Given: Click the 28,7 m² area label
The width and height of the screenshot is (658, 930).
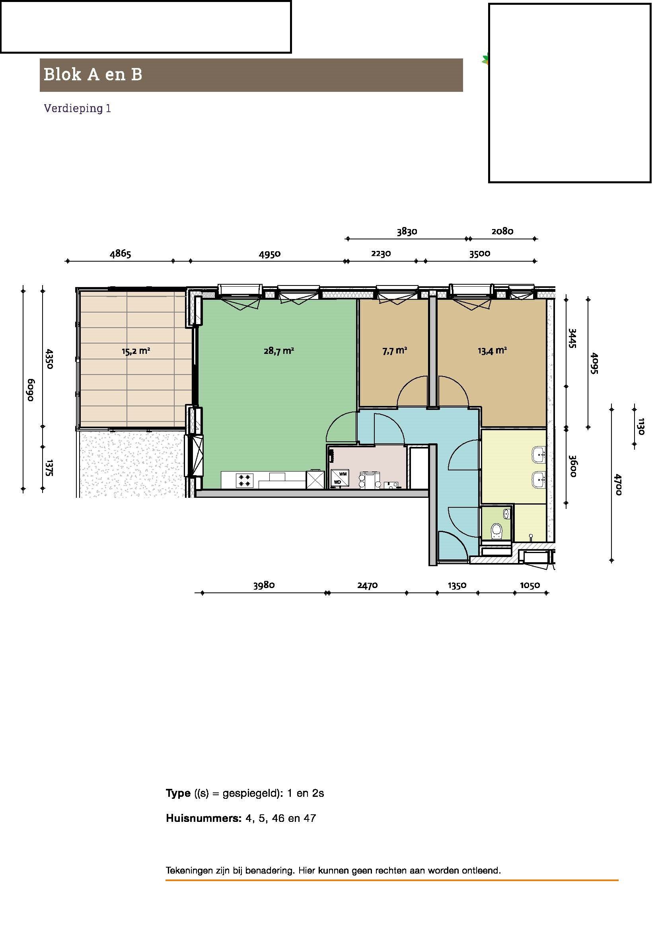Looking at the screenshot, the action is (x=278, y=351).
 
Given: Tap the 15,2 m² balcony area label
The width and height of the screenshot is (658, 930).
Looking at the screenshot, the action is (x=136, y=351).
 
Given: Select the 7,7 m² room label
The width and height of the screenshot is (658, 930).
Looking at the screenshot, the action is (x=394, y=351).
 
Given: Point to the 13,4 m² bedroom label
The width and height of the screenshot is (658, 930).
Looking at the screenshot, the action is (x=492, y=351).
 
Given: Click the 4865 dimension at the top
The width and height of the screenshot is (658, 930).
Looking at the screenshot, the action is (x=120, y=254).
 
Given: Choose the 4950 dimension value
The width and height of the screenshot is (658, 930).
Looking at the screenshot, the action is (x=269, y=254).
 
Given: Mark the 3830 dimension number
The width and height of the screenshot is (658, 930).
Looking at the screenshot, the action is (x=407, y=231).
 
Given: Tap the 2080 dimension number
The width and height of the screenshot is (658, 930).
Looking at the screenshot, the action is (x=502, y=231).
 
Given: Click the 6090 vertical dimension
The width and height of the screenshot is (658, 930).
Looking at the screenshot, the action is (x=31, y=390).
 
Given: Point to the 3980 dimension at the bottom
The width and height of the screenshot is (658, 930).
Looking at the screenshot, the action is (x=264, y=585).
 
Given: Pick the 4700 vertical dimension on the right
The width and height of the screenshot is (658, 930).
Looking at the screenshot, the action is (x=618, y=484).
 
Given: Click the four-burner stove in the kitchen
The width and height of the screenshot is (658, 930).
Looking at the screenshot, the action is (x=244, y=480).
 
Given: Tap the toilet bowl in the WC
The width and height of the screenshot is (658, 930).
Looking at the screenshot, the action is (x=496, y=531).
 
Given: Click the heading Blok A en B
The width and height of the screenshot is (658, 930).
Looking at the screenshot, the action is (x=93, y=74).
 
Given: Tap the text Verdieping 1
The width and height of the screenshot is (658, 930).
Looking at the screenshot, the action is (x=78, y=108).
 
